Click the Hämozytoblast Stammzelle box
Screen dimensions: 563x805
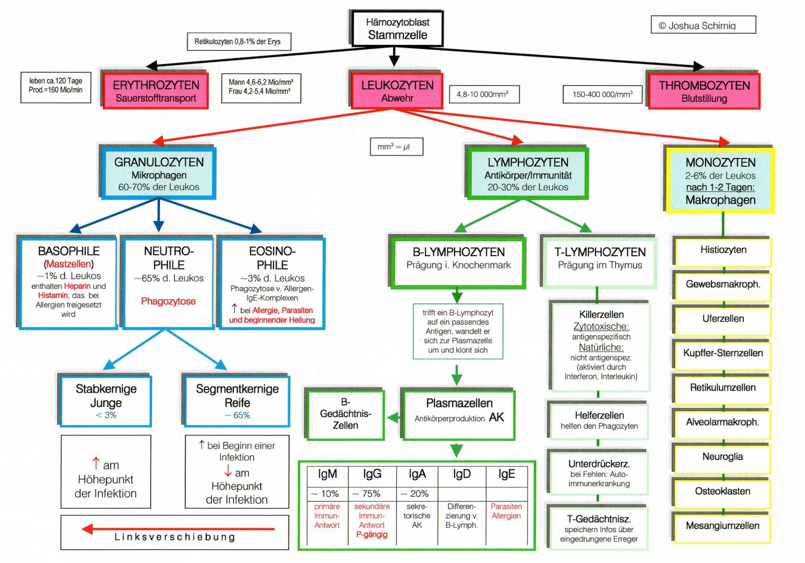tap(397, 29)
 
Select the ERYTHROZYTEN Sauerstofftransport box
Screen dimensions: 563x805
tap(156, 91)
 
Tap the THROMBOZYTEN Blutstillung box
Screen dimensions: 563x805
tap(704, 91)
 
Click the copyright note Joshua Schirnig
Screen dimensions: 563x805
tap(703, 25)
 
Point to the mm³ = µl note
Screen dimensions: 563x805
tap(396, 147)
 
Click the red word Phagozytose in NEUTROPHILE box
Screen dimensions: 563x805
tap(168, 301)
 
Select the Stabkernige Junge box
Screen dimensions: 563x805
tap(106, 401)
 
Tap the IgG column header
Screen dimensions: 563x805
tap(372, 474)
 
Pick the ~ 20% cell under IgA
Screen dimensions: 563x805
tap(416, 494)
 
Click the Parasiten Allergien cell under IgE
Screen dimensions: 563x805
tap(506, 511)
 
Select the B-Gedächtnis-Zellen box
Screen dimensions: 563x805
tap(346, 414)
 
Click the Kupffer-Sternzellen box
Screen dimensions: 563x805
tap(723, 353)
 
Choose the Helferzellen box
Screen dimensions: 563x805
tap(599, 420)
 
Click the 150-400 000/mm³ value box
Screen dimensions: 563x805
tap(602, 94)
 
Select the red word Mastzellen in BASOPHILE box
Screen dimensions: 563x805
tap(69, 264)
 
